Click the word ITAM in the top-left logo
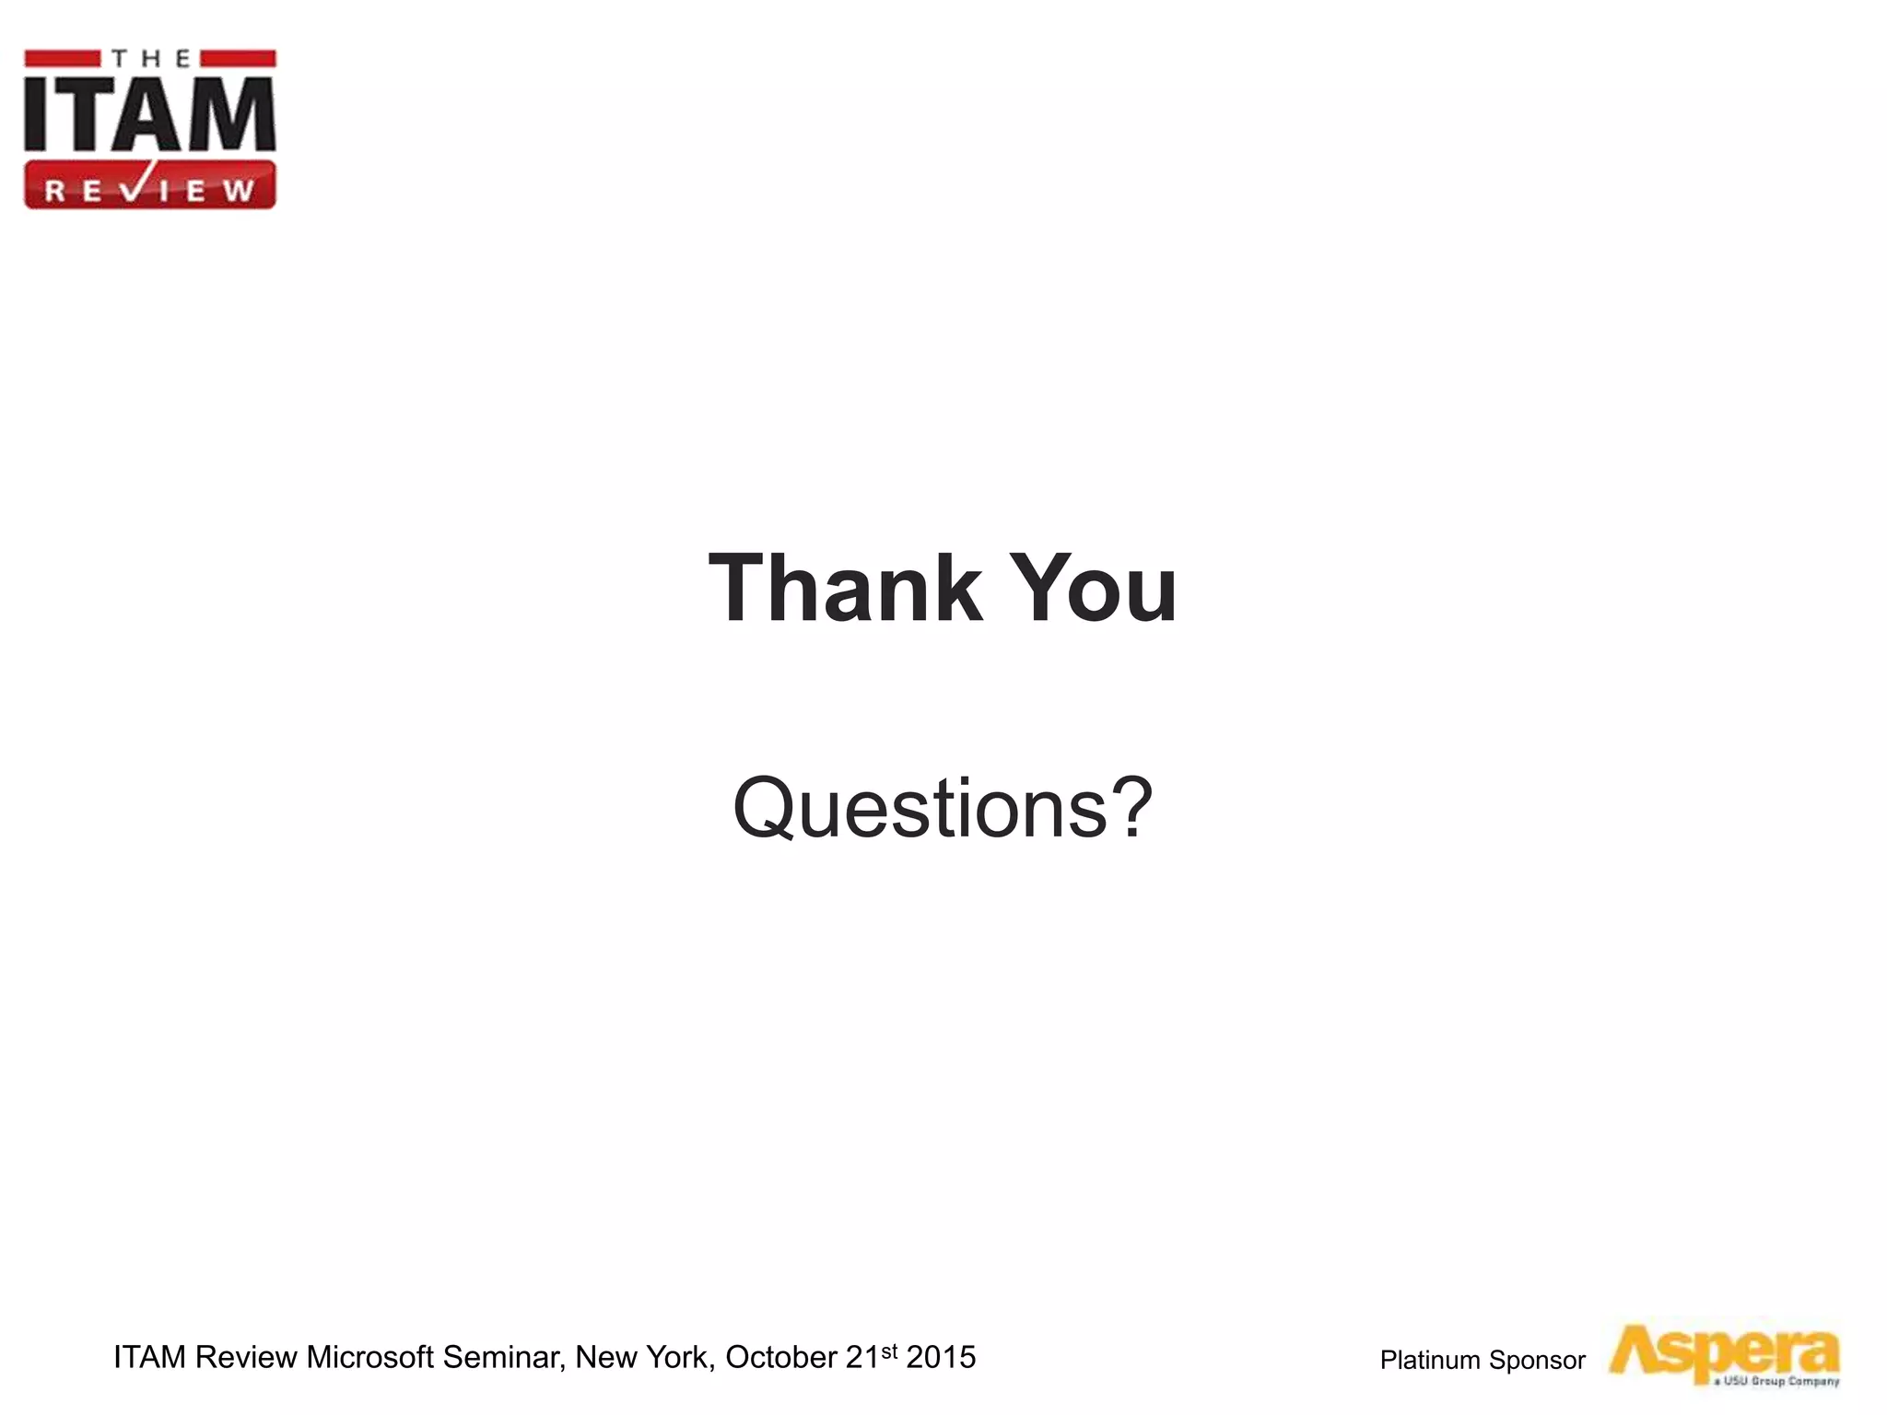point(149,115)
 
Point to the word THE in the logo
point(150,60)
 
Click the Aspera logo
point(1723,1351)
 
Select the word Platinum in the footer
point(1430,1361)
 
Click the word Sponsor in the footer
point(1537,1361)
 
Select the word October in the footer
point(781,1357)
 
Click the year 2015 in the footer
point(941,1357)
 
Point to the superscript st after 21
point(889,1351)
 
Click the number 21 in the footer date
point(862,1357)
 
